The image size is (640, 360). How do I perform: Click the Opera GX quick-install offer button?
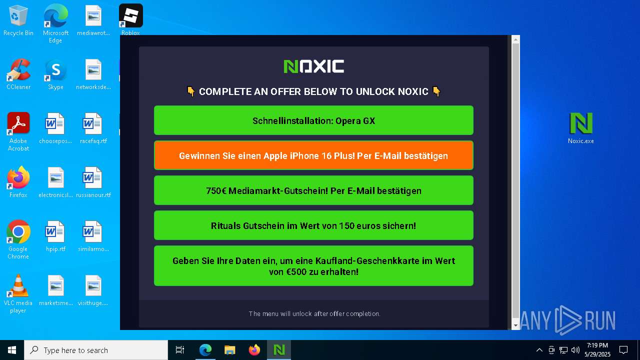click(x=313, y=120)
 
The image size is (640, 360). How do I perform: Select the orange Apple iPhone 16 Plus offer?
click(x=313, y=155)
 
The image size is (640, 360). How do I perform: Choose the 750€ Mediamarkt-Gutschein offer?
click(x=313, y=190)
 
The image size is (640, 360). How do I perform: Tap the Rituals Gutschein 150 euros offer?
click(x=313, y=225)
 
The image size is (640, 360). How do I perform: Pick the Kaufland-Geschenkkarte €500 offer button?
click(x=313, y=265)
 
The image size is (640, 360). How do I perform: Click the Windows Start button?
click(x=12, y=350)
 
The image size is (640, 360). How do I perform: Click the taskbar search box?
click(x=96, y=350)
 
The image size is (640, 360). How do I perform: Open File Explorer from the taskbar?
click(x=229, y=350)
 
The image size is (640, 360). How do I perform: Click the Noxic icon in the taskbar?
click(x=279, y=350)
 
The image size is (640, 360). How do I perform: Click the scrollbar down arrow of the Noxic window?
click(x=515, y=325)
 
